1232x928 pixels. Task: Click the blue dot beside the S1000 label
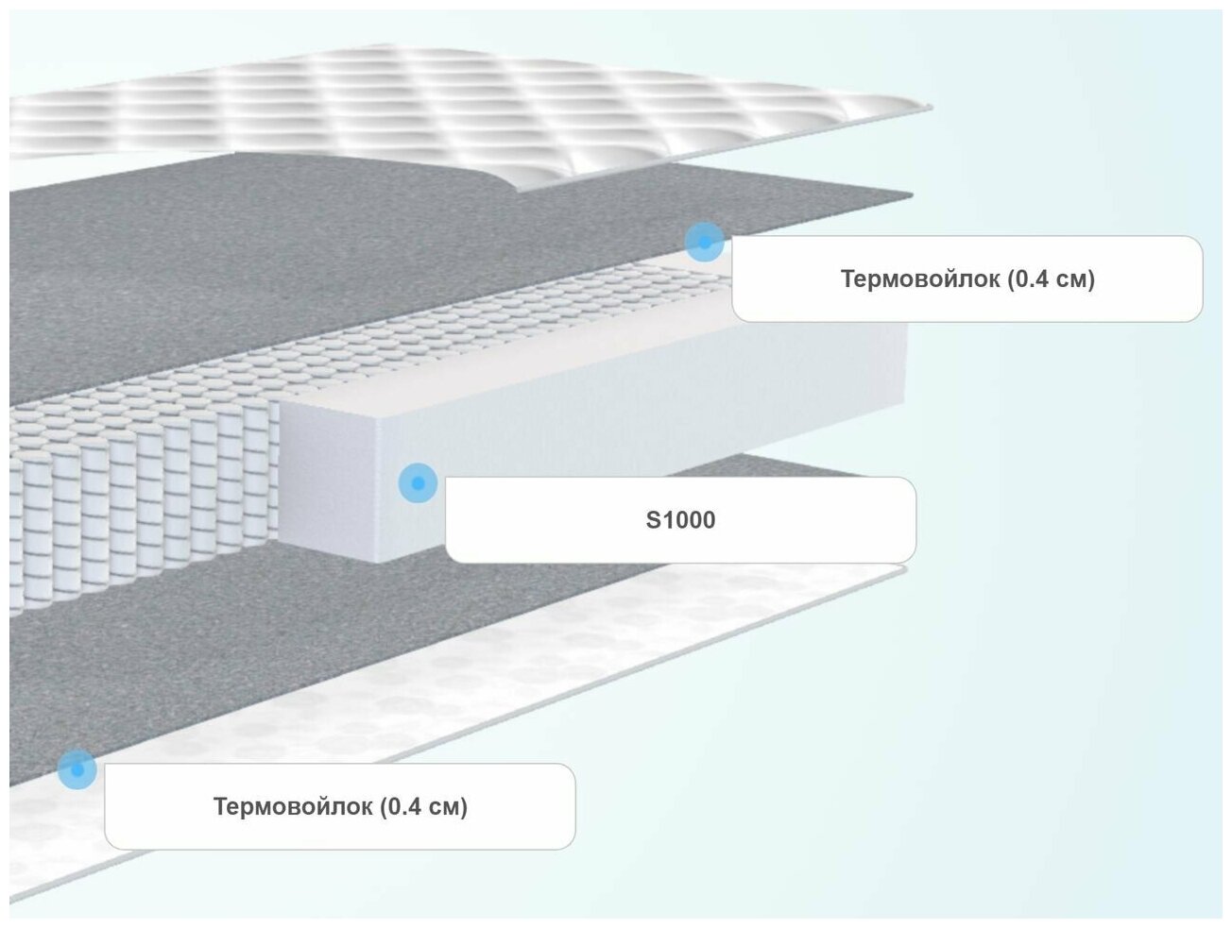pyautogui.click(x=418, y=483)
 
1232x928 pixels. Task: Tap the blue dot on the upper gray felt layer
pyautogui.click(x=704, y=243)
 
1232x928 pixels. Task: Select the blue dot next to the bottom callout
pyautogui.click(x=77, y=769)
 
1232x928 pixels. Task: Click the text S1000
pyautogui.click(x=680, y=520)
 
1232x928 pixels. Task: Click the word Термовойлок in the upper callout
pyautogui.click(x=919, y=279)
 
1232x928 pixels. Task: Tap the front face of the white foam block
pyautogui.click(x=326, y=481)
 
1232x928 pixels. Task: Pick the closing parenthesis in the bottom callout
pyautogui.click(x=464, y=807)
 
